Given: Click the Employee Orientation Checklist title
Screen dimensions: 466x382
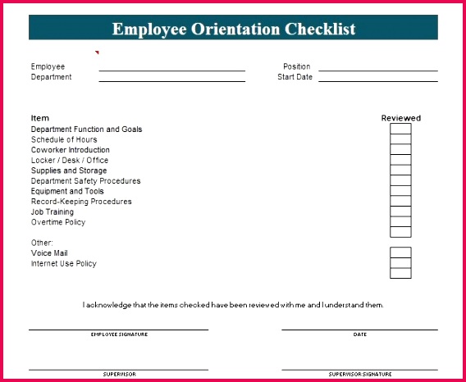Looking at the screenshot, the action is tap(234, 29).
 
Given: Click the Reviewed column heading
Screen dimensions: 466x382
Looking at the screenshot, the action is tap(400, 118).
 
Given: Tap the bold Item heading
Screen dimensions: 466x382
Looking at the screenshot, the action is tap(40, 118).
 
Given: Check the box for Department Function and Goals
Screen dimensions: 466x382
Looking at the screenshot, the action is tap(400, 129).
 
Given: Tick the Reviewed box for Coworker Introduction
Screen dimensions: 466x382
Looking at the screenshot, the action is tap(400, 149).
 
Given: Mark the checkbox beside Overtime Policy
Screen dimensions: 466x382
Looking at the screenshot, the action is tap(400, 221).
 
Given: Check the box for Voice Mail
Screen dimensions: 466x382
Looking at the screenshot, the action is tap(400, 252).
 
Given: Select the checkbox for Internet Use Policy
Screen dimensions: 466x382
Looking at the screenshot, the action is tap(400, 263).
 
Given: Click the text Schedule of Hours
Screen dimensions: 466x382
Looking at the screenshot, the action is tap(64, 139).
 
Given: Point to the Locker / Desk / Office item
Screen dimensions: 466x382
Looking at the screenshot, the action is tap(70, 161).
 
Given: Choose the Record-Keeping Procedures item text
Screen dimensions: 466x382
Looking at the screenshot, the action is tap(81, 202).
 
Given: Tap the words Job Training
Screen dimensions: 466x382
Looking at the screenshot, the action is tap(53, 212).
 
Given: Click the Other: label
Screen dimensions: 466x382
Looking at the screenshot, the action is tap(42, 243).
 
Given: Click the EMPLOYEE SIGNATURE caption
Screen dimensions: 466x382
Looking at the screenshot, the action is tap(119, 334).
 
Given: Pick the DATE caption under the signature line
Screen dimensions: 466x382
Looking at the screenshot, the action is tap(360, 334).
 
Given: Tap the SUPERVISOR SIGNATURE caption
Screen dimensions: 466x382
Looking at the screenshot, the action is tap(360, 374).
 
